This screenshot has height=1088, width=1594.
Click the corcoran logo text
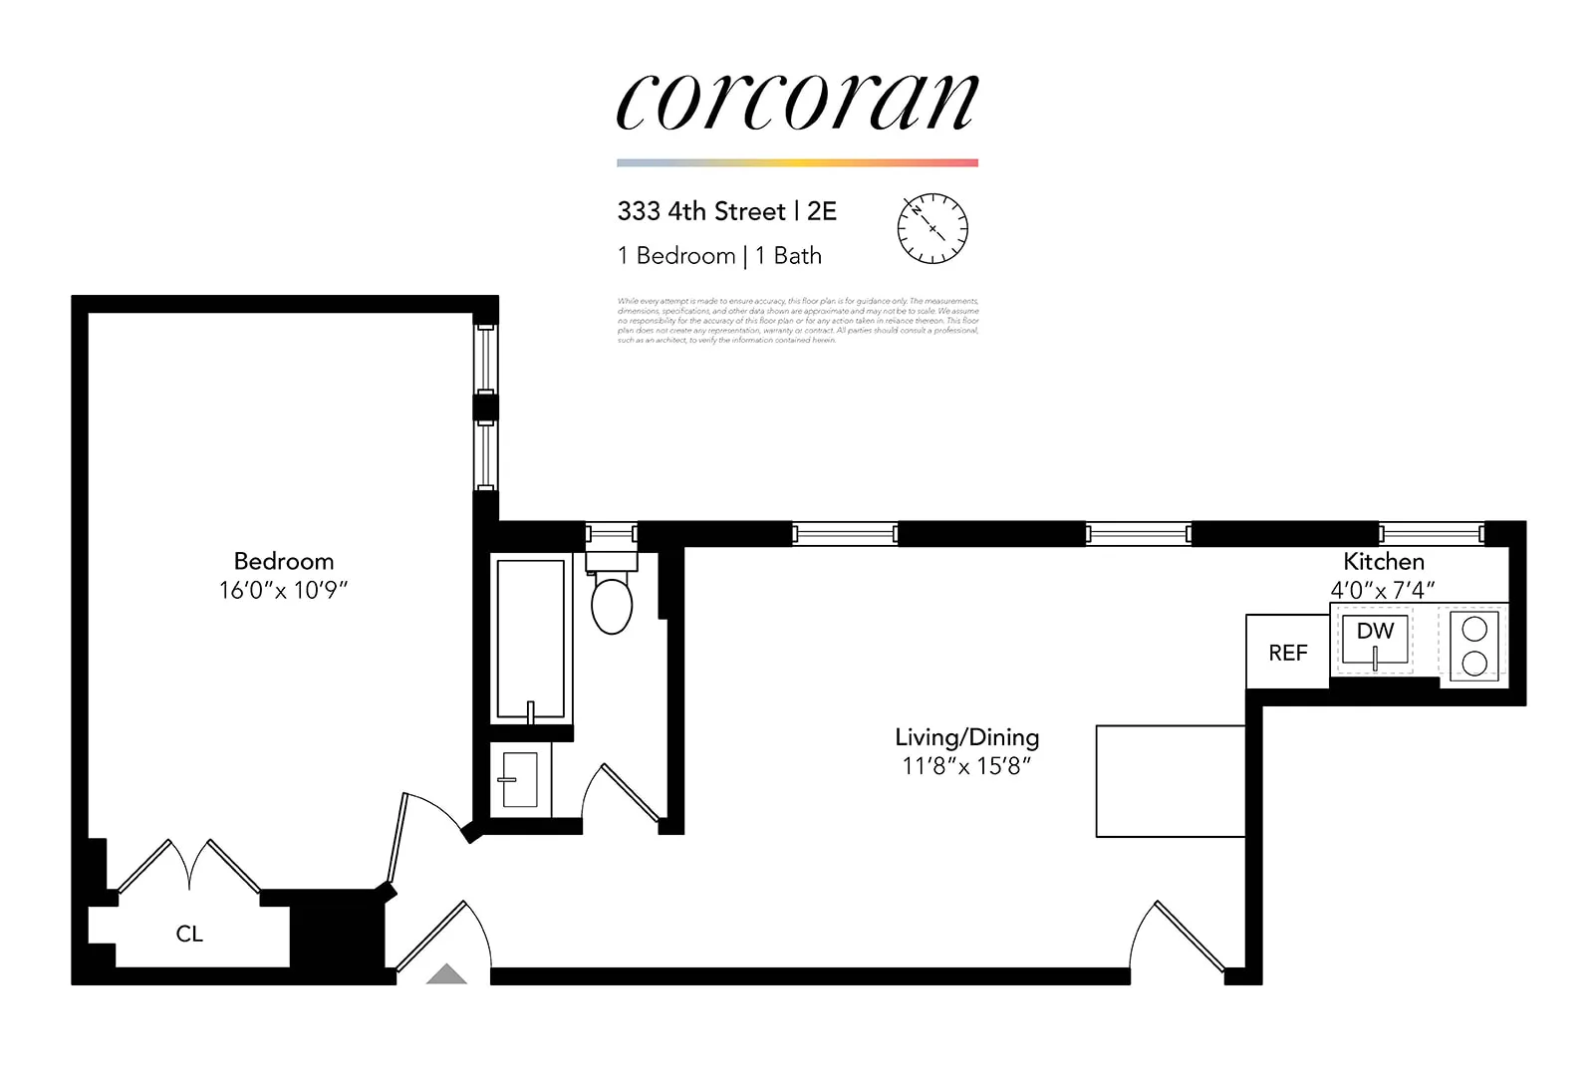click(797, 102)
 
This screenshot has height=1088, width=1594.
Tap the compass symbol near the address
click(932, 228)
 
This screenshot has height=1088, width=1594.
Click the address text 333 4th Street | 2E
click(726, 211)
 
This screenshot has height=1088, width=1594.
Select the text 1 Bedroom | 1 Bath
click(719, 256)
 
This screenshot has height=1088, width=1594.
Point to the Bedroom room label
click(284, 561)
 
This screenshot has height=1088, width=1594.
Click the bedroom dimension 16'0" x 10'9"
click(284, 590)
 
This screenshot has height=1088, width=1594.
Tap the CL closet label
click(189, 934)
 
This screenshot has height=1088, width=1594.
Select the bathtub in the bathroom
click(531, 638)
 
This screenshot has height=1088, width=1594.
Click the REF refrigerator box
click(1287, 653)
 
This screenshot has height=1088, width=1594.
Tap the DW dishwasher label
click(1375, 631)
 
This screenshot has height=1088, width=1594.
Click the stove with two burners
click(1474, 646)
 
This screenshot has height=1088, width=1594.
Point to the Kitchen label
click(1383, 561)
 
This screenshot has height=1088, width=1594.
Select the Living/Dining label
click(966, 737)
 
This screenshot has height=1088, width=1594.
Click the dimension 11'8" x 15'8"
click(966, 766)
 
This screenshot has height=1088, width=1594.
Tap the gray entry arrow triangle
click(446, 974)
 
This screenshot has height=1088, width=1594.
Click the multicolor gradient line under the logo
click(797, 162)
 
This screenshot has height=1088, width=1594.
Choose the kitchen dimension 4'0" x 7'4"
click(1383, 590)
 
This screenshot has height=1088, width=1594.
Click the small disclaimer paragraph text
click(797, 320)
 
